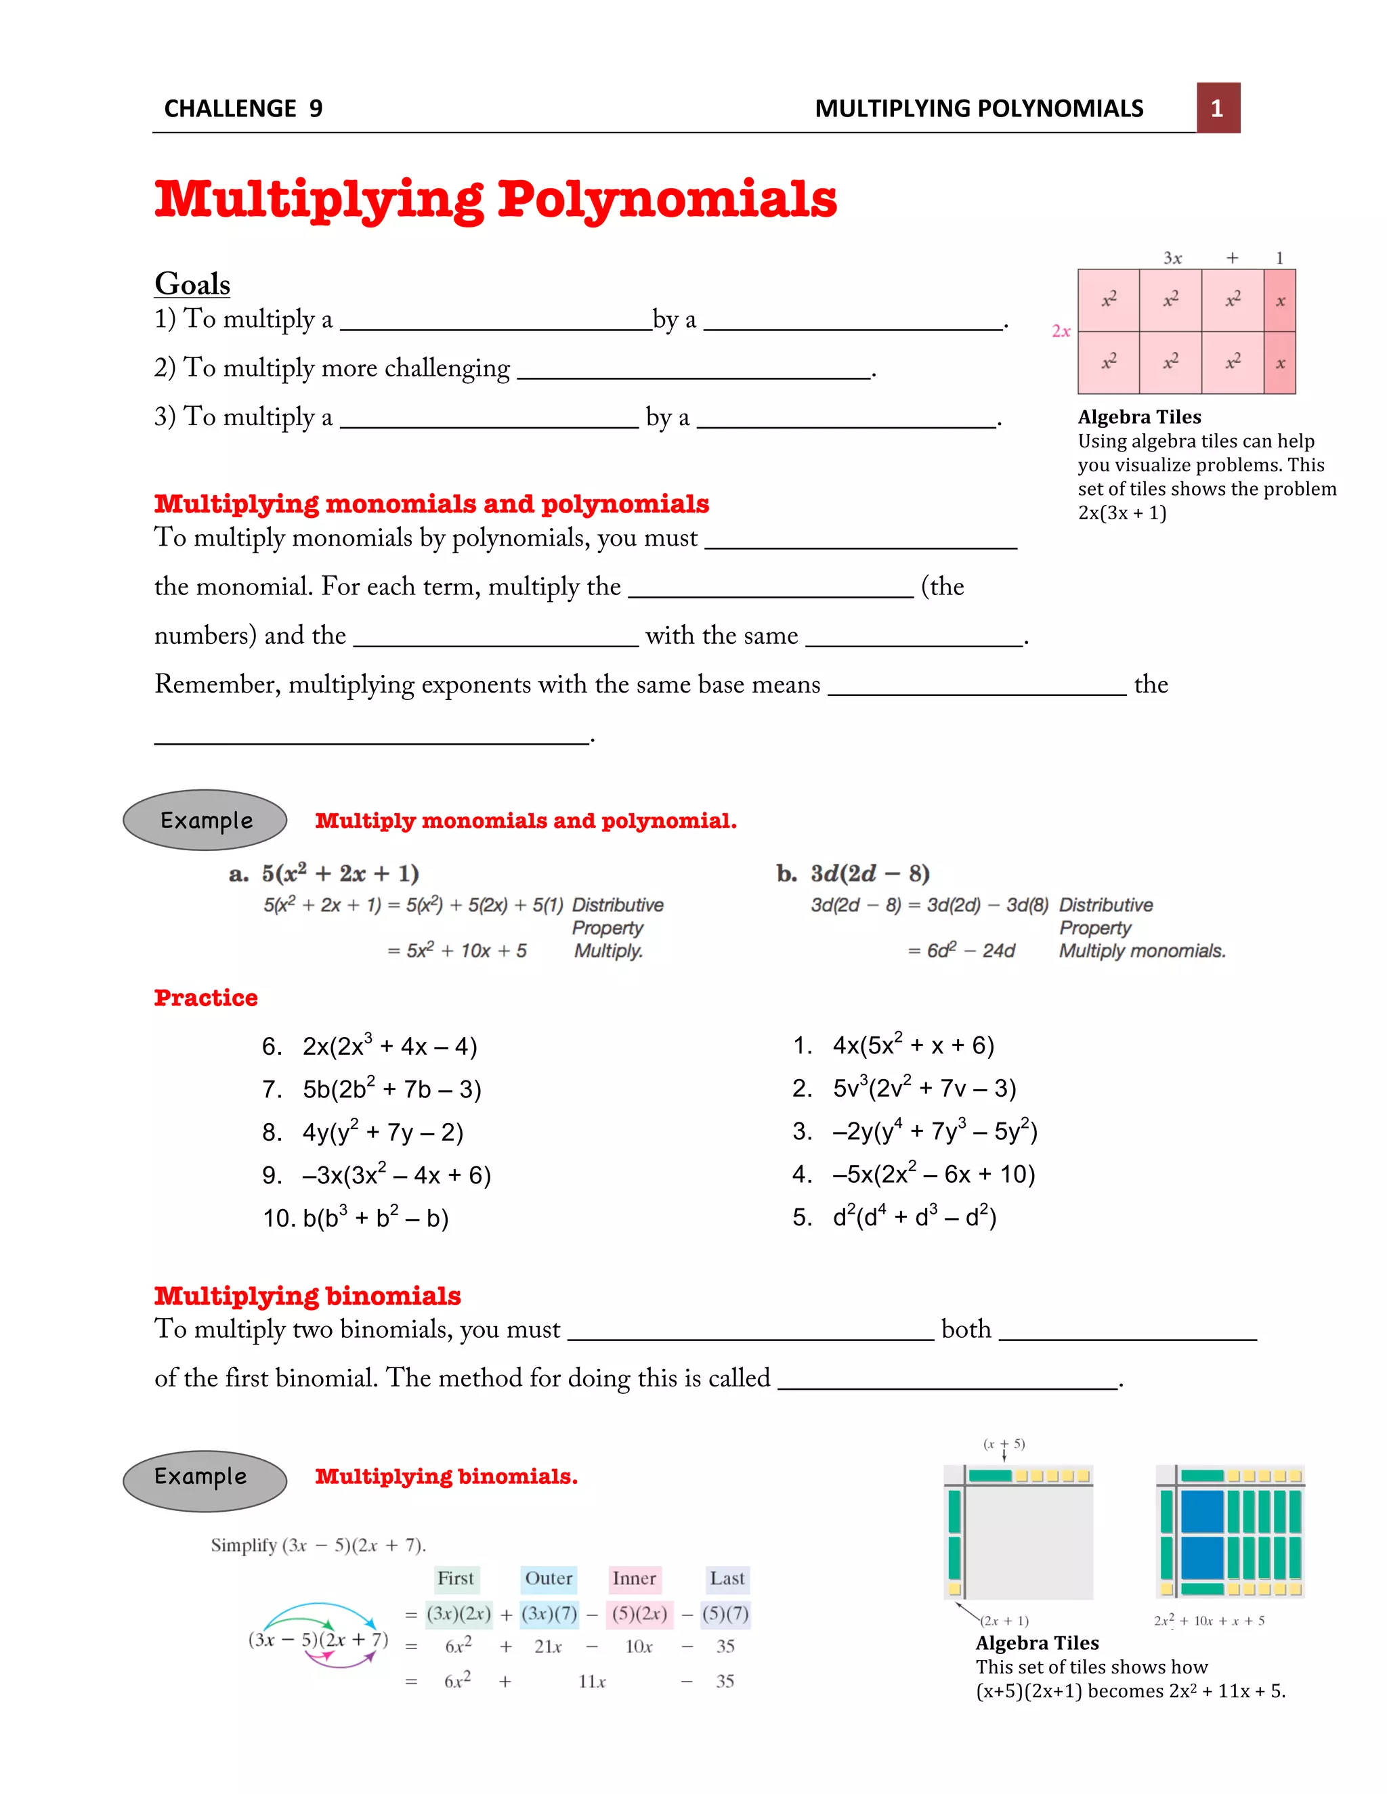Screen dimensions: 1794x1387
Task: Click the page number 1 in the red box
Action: point(1217,108)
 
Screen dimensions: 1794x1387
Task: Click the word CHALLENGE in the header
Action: point(230,108)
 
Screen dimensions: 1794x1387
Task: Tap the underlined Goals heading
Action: point(192,284)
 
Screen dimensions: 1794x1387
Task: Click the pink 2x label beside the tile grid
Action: point(1061,331)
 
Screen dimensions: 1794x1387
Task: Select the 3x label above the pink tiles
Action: point(1172,258)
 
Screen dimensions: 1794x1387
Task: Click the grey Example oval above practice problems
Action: point(205,820)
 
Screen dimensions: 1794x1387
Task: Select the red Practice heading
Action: point(205,997)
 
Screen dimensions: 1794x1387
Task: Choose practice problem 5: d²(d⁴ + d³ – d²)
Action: point(914,1217)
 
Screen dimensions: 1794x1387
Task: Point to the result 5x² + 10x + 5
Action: point(466,950)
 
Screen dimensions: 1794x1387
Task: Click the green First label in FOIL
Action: point(455,1578)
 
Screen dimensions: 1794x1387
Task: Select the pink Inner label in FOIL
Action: point(633,1578)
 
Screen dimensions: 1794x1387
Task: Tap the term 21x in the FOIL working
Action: point(548,1647)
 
